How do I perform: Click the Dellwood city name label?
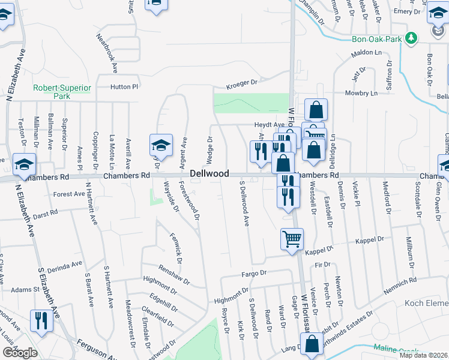(x=209, y=173)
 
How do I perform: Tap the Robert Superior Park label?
(x=62, y=92)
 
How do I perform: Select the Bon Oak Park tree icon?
(x=411, y=38)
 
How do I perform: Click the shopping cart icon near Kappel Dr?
(x=292, y=239)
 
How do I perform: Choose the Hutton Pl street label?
(x=124, y=86)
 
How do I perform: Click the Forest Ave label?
(x=69, y=194)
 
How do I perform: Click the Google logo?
(x=19, y=353)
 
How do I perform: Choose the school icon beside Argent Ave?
(x=161, y=145)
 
